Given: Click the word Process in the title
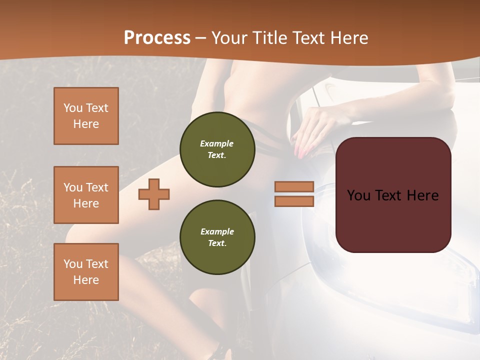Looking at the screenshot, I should (x=157, y=38).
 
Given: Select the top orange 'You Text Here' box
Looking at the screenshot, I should (x=86, y=116).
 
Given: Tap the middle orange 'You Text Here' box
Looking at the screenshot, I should (x=86, y=195).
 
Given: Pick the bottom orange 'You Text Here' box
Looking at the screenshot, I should (x=86, y=272).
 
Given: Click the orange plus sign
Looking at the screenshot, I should (x=154, y=194).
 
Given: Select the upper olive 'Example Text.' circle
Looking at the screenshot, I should (x=217, y=149).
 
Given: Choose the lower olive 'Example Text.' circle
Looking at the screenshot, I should (x=217, y=237).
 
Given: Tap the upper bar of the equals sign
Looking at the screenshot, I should (x=294, y=186).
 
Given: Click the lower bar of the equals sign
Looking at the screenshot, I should (x=294, y=201).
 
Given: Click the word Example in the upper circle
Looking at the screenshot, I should (x=217, y=143).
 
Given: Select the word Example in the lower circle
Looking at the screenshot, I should (x=217, y=231).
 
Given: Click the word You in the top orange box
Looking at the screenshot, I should (x=72, y=108).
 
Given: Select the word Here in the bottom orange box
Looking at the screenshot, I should (x=86, y=280).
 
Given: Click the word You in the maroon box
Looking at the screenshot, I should (x=358, y=195).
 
